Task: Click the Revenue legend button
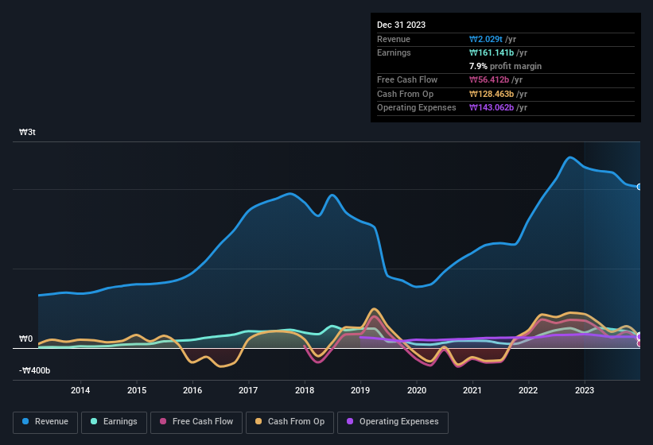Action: pos(45,421)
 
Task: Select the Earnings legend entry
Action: pos(114,421)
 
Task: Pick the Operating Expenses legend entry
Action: pos(393,421)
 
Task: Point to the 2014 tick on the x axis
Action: pos(80,389)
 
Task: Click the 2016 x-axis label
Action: pos(192,389)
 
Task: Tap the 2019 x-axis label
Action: pos(360,389)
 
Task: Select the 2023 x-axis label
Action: pos(585,389)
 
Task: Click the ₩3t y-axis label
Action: pos(27,132)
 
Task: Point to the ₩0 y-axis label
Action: pos(27,339)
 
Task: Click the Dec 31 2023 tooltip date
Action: pos(401,25)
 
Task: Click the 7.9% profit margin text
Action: pos(505,66)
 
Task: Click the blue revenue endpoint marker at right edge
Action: pos(639,187)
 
